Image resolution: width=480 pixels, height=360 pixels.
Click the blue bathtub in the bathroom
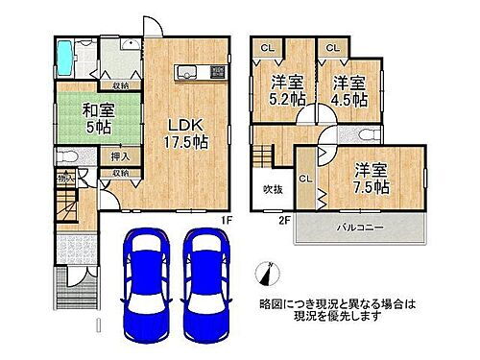coord(63,58)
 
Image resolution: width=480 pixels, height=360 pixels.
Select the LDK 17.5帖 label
coord(189,134)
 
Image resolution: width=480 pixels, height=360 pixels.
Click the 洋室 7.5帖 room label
coord(372,178)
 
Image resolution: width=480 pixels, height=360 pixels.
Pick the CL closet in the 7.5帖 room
coord(304,180)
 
